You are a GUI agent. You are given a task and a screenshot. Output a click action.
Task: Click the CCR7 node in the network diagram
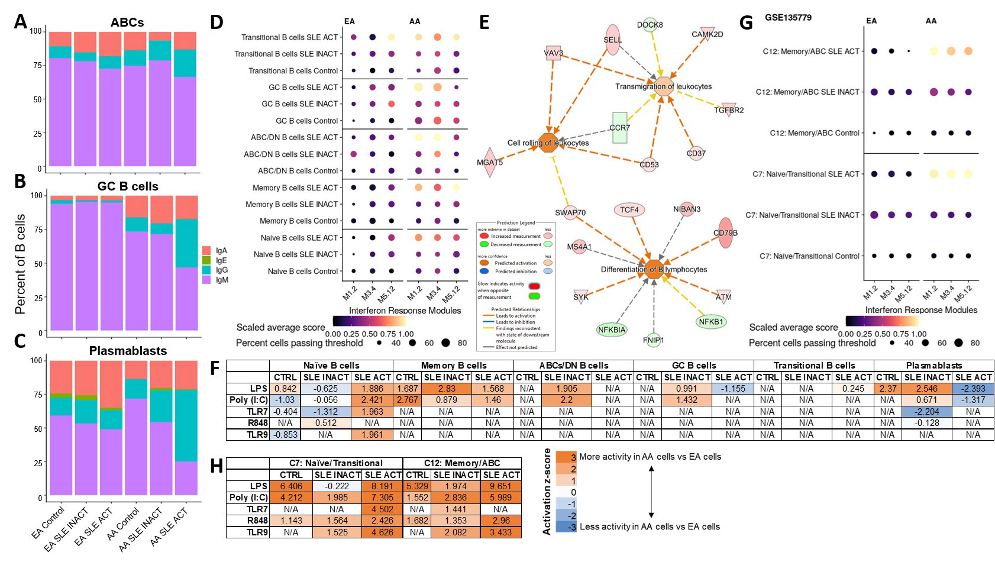point(619,128)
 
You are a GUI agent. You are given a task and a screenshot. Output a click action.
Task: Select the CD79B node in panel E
point(725,233)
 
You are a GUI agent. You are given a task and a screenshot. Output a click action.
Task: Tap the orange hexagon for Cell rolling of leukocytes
point(548,143)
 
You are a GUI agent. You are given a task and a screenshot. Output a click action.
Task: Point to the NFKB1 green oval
point(711,322)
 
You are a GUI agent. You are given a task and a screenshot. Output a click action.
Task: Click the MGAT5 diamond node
point(490,163)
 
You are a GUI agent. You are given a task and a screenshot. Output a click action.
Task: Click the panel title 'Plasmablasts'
point(128,351)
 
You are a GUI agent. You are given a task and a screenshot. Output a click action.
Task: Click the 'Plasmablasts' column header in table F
point(933,366)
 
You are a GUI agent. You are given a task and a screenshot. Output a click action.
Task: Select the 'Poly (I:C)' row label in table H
point(248,498)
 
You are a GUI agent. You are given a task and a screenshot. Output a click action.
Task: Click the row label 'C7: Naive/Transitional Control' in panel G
point(809,256)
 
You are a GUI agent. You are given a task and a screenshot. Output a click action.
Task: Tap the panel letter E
point(484,22)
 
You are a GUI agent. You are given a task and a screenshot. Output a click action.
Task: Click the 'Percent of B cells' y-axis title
point(21,264)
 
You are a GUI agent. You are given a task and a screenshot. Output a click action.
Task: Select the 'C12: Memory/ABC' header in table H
point(461,463)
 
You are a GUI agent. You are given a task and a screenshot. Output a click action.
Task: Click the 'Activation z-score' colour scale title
point(547,492)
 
